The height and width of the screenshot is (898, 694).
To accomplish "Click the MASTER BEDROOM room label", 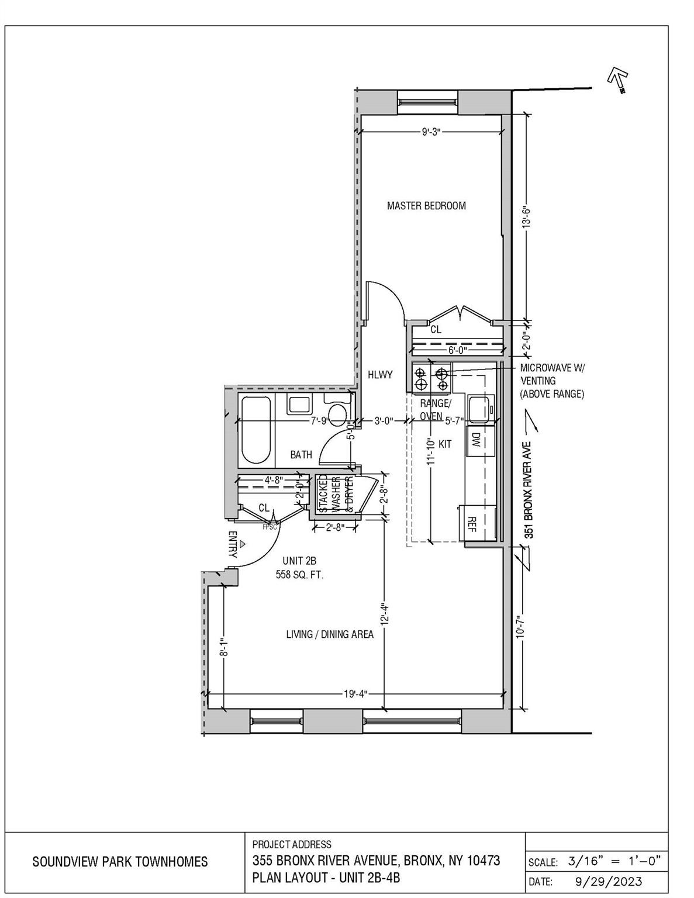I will pyautogui.click(x=426, y=206).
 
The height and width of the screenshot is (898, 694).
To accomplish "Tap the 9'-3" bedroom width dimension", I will pyautogui.click(x=431, y=133).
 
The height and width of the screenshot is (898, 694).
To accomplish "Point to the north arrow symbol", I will pyautogui.click(x=617, y=78).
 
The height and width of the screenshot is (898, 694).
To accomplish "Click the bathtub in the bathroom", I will pyautogui.click(x=255, y=430).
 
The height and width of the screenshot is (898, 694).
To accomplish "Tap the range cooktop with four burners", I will pyautogui.click(x=431, y=378).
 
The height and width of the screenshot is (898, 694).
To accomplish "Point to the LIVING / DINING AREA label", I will pyautogui.click(x=330, y=634).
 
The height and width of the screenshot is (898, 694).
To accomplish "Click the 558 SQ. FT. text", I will pyautogui.click(x=300, y=575).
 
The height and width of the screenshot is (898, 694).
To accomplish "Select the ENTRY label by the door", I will pyautogui.click(x=232, y=544).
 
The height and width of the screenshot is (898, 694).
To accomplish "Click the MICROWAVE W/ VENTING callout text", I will pyautogui.click(x=552, y=381).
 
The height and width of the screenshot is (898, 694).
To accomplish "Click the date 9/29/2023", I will pyautogui.click(x=605, y=881).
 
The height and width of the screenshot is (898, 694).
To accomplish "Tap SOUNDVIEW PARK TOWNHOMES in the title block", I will pyautogui.click(x=120, y=862).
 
